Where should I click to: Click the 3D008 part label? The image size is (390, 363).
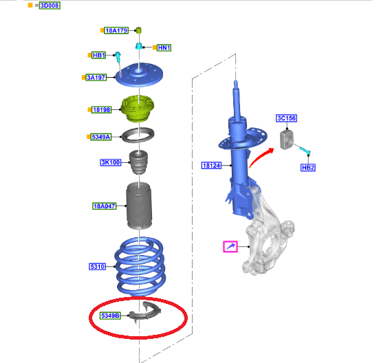tap(50, 5)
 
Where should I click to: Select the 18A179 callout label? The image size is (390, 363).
tap(116, 30)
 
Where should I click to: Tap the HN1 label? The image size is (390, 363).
tap(164, 47)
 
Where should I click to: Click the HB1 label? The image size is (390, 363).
tap(99, 55)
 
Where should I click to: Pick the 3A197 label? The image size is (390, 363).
tap(96, 77)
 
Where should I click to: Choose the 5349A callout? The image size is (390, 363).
tap(101, 137)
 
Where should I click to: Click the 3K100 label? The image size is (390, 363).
tap(111, 162)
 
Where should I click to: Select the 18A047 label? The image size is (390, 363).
tap(105, 206)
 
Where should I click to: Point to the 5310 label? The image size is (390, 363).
tap(98, 267)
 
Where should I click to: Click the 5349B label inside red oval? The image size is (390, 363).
tap(111, 316)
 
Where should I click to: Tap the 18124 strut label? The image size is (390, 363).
tap(211, 165)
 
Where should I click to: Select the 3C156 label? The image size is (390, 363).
tap(287, 118)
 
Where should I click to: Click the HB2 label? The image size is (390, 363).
tap(308, 168)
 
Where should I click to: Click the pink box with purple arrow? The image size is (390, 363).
tap(230, 246)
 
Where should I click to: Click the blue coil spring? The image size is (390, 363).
tap(140, 267)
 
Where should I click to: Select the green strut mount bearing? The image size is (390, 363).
tap(138, 109)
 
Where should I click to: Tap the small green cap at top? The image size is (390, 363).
tap(138, 30)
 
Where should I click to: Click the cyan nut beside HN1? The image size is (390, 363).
tap(139, 46)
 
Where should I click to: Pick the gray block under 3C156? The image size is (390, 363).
tap(287, 140)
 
